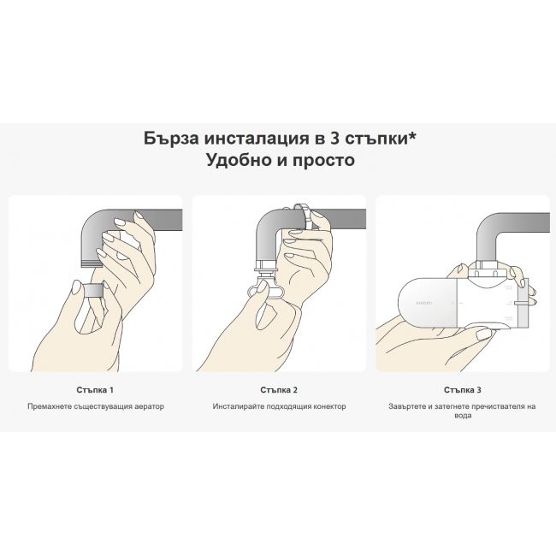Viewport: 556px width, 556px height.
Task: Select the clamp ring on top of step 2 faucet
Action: coord(300,209)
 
